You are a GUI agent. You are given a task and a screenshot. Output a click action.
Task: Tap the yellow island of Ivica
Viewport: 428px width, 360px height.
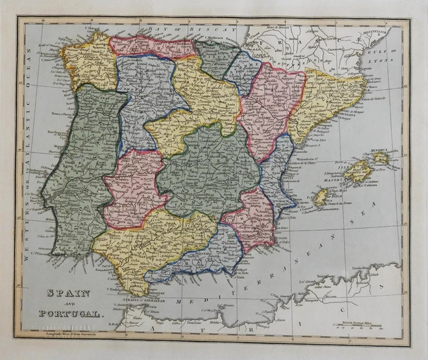321,197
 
